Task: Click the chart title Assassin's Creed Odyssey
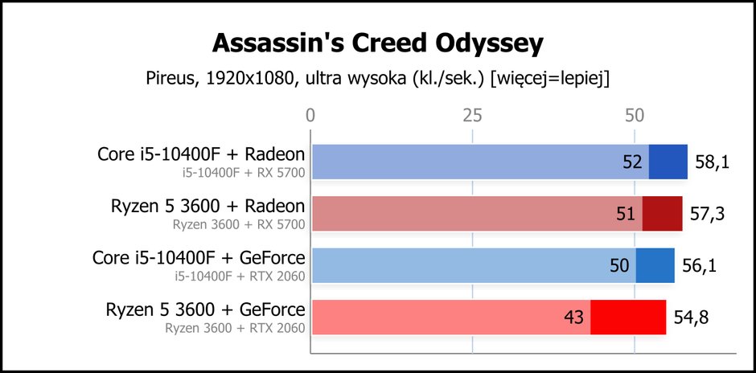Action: coord(377,44)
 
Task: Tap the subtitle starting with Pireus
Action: coord(377,79)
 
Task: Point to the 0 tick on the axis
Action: coord(310,116)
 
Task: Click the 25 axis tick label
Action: coord(473,116)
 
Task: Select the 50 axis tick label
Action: coord(635,116)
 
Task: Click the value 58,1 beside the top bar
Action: coord(712,162)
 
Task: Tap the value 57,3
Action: coord(706,214)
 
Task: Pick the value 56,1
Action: coord(699,265)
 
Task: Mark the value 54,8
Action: coord(690,317)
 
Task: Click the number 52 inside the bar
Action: coord(631,162)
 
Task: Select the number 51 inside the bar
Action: coord(626,214)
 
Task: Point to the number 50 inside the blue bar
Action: coord(619,265)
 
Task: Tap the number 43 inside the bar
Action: coord(573,317)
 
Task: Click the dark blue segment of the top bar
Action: coord(668,162)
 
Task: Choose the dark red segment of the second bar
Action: coord(662,214)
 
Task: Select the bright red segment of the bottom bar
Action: coord(628,317)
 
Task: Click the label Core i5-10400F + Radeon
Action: coord(201,154)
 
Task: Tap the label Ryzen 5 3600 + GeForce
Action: coord(205,309)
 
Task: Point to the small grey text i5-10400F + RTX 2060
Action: coord(240,277)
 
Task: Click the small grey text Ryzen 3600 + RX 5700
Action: coord(239,224)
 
